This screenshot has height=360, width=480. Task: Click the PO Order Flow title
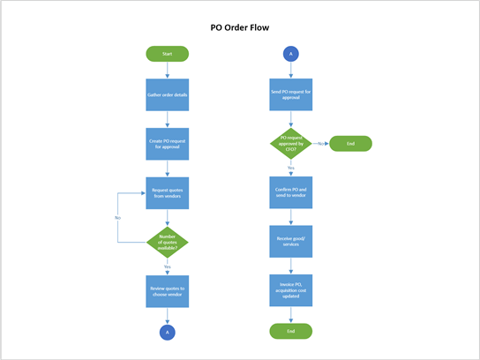pyautogui.click(x=240, y=27)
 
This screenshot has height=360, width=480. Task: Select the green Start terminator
pyautogui.click(x=167, y=54)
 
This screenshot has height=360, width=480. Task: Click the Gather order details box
pyautogui.click(x=167, y=95)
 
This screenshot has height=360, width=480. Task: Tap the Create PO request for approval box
pyautogui.click(x=167, y=143)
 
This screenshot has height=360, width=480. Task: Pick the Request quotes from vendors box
pyautogui.click(x=167, y=192)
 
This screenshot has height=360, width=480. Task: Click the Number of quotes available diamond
pyautogui.click(x=167, y=241)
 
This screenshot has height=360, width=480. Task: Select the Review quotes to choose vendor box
pyautogui.click(x=167, y=289)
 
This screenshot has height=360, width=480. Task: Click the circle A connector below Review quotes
pyautogui.click(x=167, y=332)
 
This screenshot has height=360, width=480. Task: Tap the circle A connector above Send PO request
pyautogui.click(x=290, y=54)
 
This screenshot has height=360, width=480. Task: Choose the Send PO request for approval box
pyautogui.click(x=290, y=95)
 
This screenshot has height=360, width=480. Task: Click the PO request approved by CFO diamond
pyautogui.click(x=290, y=143)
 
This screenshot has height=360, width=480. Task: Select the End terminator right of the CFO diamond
pyautogui.click(x=350, y=143)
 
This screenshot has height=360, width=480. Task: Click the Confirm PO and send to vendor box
pyautogui.click(x=290, y=192)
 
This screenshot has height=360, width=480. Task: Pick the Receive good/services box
pyautogui.click(x=290, y=241)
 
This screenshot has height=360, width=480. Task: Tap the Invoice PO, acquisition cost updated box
pyautogui.click(x=290, y=289)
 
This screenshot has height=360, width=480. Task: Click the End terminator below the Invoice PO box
pyautogui.click(x=290, y=331)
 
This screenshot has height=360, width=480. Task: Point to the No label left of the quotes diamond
pyautogui.click(x=117, y=217)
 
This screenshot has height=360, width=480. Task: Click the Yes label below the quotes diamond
pyautogui.click(x=167, y=266)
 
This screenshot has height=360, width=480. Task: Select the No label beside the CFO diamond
pyautogui.click(x=319, y=142)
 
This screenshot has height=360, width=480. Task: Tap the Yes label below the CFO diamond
pyautogui.click(x=290, y=168)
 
